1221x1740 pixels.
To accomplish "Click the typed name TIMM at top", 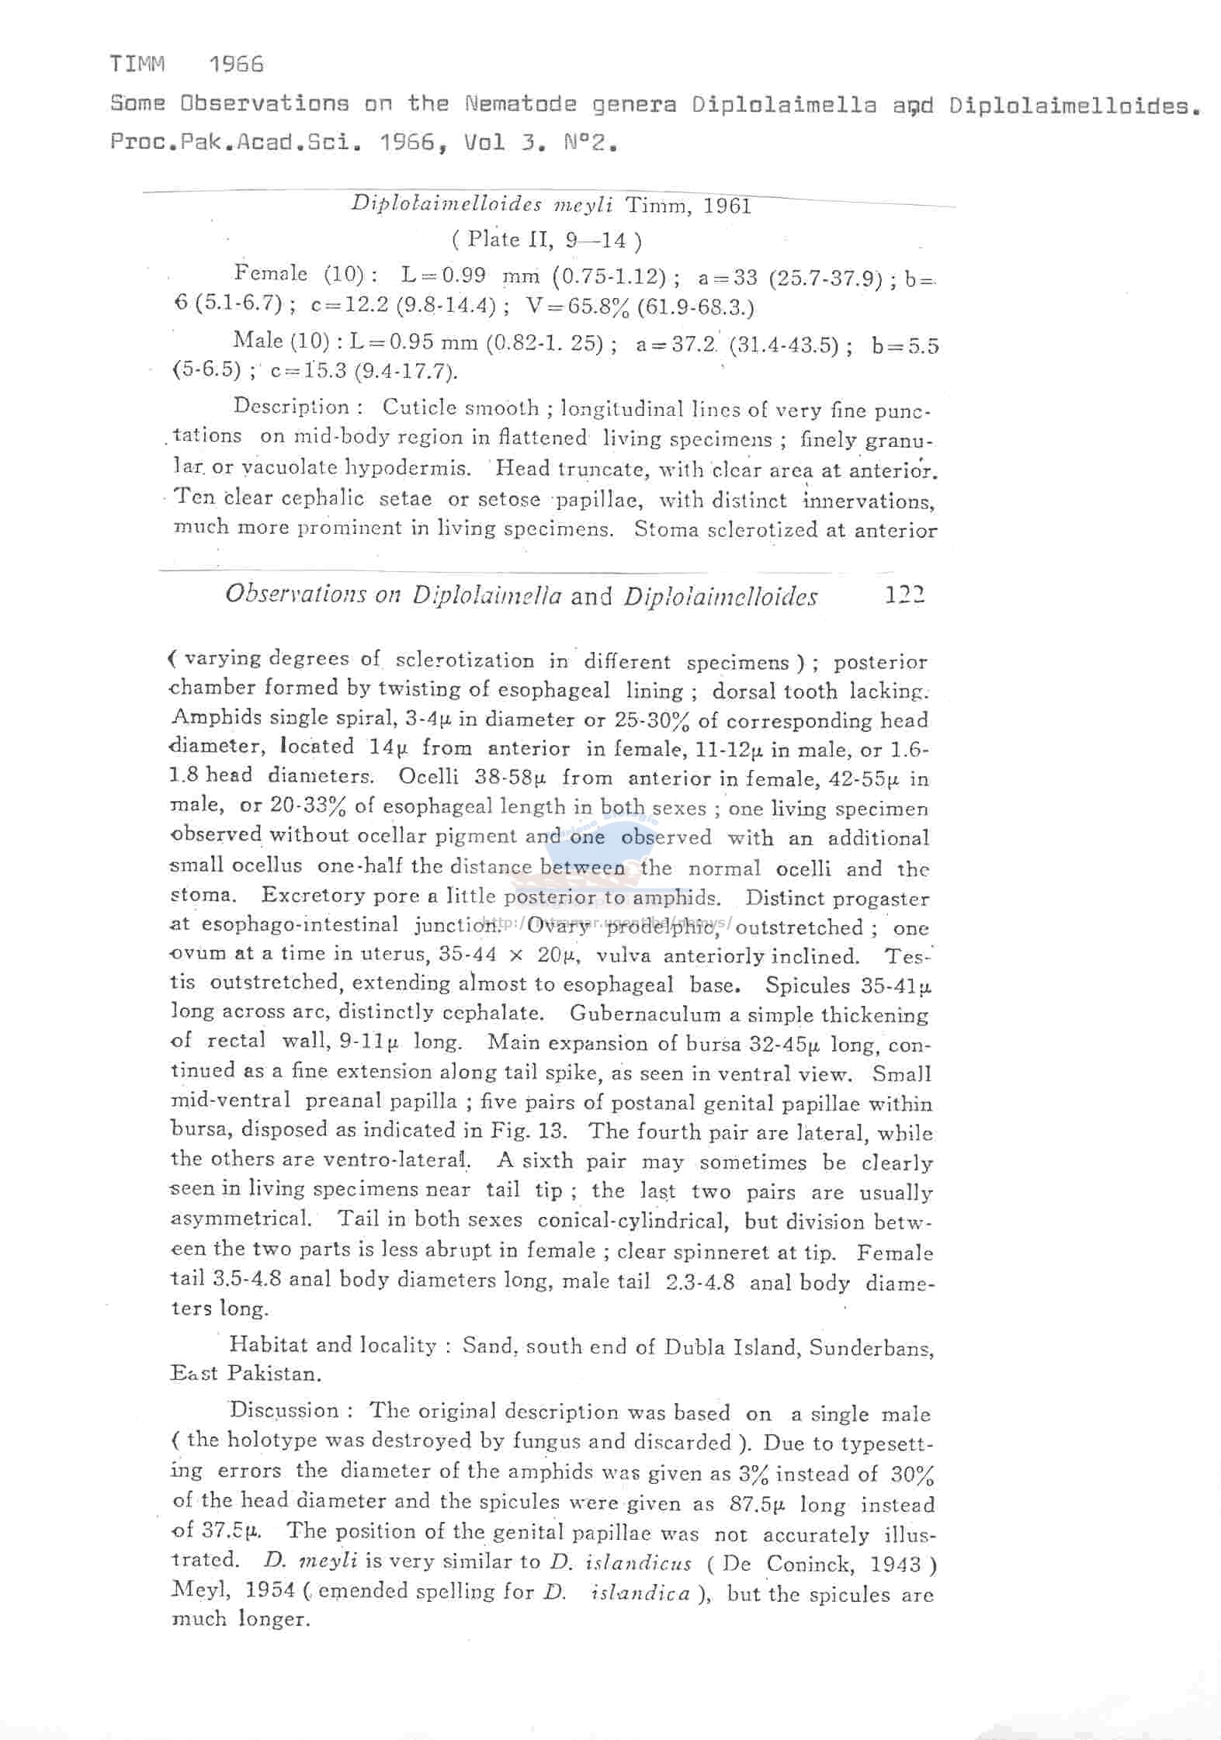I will tap(137, 64).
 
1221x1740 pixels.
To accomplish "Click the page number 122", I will tap(904, 596).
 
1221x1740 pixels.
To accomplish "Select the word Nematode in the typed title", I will tap(521, 103).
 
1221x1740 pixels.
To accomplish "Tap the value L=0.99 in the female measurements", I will tap(443, 276).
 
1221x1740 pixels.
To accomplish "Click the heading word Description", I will tap(292, 407).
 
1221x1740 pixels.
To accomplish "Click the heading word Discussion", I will tap(284, 1409).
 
